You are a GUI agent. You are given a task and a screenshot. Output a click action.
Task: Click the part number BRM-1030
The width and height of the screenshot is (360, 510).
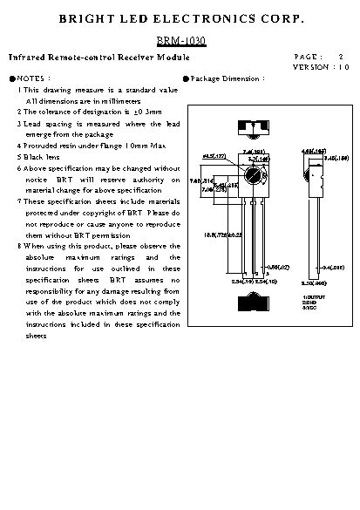pyautogui.click(x=180, y=41)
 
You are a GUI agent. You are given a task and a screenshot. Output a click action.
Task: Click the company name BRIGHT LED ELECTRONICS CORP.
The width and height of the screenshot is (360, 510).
pyautogui.click(x=180, y=18)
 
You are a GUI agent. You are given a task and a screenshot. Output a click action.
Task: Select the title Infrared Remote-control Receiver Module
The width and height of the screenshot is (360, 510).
pyautogui.click(x=98, y=57)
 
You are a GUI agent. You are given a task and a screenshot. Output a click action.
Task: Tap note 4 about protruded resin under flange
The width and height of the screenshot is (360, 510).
pyautogui.click(x=94, y=146)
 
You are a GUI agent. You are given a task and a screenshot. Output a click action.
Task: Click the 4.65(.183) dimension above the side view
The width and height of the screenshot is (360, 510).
pyautogui.click(x=313, y=151)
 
